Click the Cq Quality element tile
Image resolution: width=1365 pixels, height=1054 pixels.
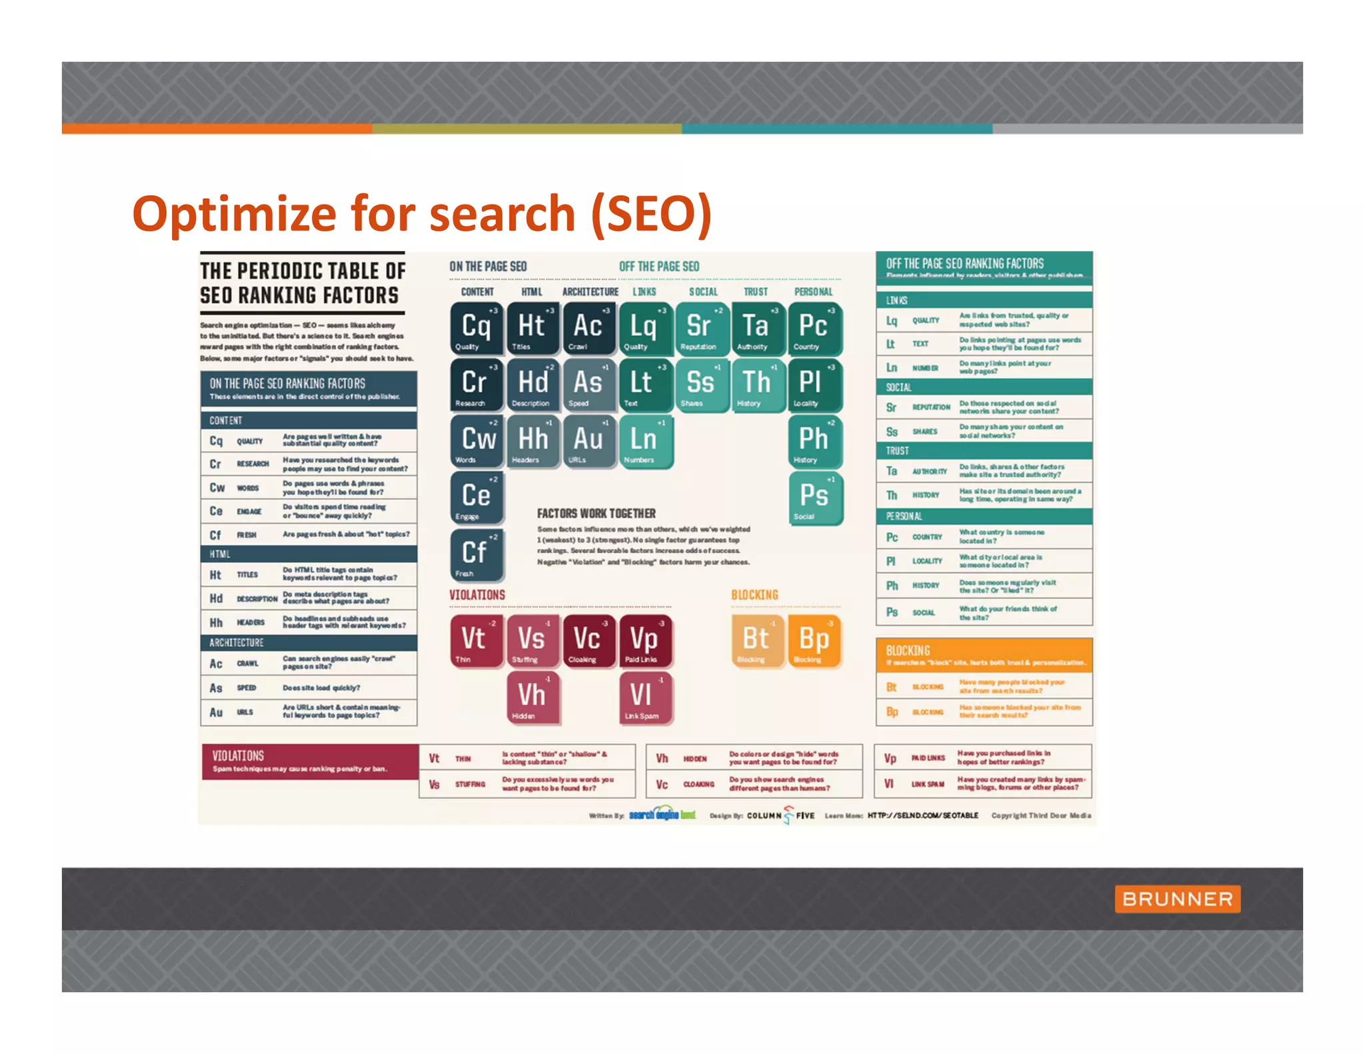click(x=477, y=328)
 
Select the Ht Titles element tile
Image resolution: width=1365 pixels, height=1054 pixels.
click(x=533, y=328)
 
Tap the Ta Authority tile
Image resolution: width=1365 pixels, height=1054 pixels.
click(x=757, y=328)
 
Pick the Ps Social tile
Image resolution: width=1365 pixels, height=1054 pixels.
click(x=814, y=497)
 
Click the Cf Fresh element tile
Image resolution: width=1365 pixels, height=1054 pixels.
click(x=477, y=554)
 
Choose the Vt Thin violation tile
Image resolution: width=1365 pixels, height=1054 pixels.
click(x=476, y=640)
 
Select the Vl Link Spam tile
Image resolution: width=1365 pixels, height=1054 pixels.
click(x=645, y=697)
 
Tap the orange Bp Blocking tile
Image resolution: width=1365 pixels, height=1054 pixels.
click(x=814, y=640)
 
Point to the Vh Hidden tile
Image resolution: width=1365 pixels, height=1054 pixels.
click(x=533, y=697)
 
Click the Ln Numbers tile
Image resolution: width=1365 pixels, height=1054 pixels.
click(x=645, y=441)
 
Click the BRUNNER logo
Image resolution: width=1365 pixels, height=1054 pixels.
click(x=1177, y=899)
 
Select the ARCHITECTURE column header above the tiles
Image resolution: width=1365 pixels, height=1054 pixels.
click(x=590, y=292)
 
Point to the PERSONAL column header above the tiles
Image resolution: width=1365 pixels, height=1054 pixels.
click(x=813, y=292)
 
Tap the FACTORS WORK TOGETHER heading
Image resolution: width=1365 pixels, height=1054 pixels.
click(x=596, y=514)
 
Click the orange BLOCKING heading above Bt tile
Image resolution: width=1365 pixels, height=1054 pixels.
click(x=754, y=595)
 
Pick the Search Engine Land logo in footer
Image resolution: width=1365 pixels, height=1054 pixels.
click(x=662, y=815)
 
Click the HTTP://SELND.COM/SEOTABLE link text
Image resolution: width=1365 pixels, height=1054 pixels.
click(x=922, y=815)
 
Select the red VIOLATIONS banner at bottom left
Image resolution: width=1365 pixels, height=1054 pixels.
click(x=310, y=762)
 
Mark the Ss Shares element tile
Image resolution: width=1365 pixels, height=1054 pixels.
click(x=701, y=384)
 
